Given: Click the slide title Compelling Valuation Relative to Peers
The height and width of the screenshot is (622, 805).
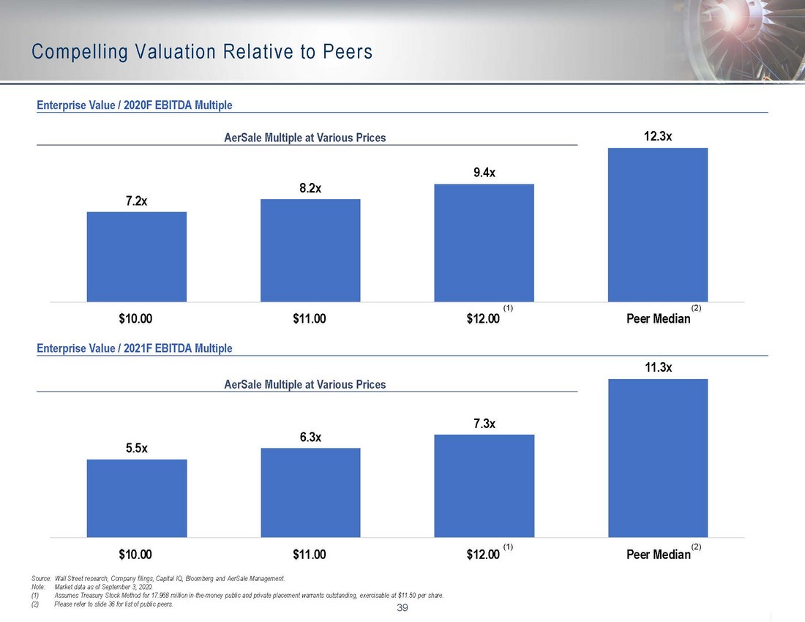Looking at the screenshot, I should point(203,52).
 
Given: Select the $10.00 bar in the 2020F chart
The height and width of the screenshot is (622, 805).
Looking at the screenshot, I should point(137,257).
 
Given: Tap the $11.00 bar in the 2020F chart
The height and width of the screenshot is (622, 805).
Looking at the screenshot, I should point(310,250).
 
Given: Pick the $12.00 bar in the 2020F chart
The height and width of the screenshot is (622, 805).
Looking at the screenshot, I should point(484,243).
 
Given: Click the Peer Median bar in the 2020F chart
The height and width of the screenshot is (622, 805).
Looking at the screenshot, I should point(658,225).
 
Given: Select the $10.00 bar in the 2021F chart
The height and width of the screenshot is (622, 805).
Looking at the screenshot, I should point(137,498).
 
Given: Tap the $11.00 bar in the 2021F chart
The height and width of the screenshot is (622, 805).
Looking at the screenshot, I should point(310,492).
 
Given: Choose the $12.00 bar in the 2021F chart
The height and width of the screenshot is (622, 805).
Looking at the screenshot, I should point(484,486).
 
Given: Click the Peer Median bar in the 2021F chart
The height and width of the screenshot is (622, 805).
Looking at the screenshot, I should point(658,458).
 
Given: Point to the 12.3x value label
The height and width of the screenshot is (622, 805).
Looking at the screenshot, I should point(658,136).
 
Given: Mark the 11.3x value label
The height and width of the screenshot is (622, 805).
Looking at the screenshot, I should point(658,367).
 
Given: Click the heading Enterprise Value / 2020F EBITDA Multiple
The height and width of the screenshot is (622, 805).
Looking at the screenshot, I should point(135,105).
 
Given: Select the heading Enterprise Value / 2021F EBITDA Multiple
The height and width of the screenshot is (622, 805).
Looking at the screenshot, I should point(135,348).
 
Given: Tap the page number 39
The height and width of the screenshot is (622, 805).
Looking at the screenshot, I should point(402,609).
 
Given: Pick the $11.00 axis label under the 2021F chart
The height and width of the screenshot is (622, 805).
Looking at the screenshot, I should point(309,555).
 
